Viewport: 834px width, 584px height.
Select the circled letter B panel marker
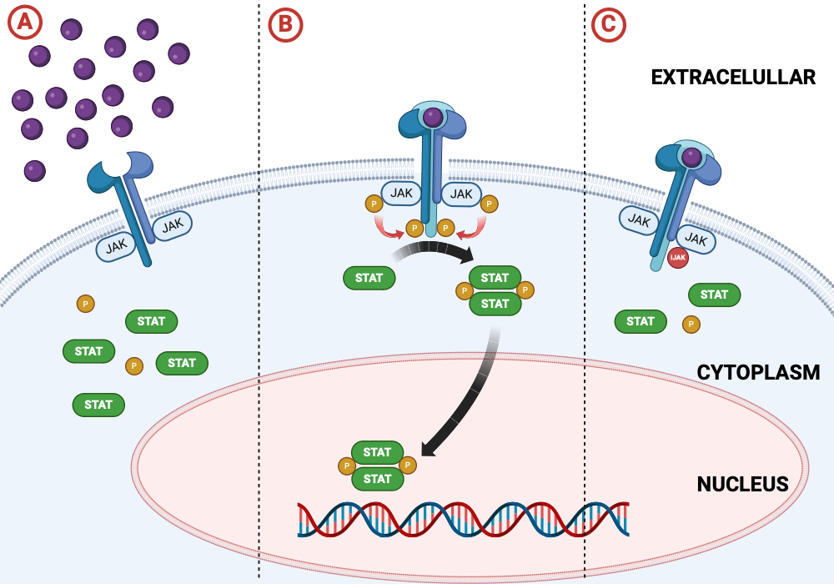pyautogui.click(x=285, y=25)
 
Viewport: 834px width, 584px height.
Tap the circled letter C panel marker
pyautogui.click(x=608, y=24)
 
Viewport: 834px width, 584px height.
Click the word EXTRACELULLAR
pyautogui.click(x=733, y=78)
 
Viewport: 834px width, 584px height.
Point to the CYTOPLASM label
pyautogui.click(x=758, y=372)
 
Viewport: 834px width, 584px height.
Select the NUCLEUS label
pyautogui.click(x=742, y=485)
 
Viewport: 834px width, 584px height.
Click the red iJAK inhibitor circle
pyautogui.click(x=677, y=258)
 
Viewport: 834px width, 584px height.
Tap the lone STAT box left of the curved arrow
pyautogui.click(x=369, y=278)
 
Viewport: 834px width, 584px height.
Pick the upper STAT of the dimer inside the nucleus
pyautogui.click(x=377, y=453)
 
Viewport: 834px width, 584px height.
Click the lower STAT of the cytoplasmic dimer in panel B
pyautogui.click(x=495, y=304)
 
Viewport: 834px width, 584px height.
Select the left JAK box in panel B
pyautogui.click(x=402, y=194)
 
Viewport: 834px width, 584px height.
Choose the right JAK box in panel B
pyautogui.click(x=460, y=194)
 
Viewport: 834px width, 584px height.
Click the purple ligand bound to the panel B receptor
pyautogui.click(x=432, y=118)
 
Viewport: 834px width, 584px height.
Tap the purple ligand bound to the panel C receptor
pyautogui.click(x=691, y=157)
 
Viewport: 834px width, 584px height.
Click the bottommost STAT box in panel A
pyautogui.click(x=98, y=405)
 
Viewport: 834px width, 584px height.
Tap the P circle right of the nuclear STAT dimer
pyautogui.click(x=408, y=465)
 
